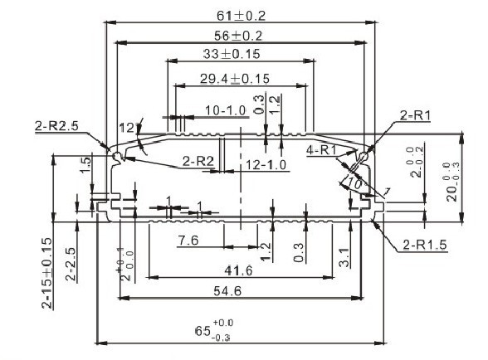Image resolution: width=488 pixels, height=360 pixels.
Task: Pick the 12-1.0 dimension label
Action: (x=266, y=165)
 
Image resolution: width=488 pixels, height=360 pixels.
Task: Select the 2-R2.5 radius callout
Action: (x=56, y=126)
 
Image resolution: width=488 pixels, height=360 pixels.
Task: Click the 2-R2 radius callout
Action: (x=199, y=160)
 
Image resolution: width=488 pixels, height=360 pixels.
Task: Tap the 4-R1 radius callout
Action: (x=320, y=149)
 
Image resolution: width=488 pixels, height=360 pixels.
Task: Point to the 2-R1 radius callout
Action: (x=415, y=115)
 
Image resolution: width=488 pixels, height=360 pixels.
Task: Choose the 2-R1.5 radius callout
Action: (x=422, y=245)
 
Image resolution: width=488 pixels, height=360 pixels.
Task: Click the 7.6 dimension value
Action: (x=188, y=241)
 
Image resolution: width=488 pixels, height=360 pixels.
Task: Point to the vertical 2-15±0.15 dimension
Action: (x=47, y=273)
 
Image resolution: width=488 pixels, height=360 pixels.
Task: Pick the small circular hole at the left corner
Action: (x=117, y=156)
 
